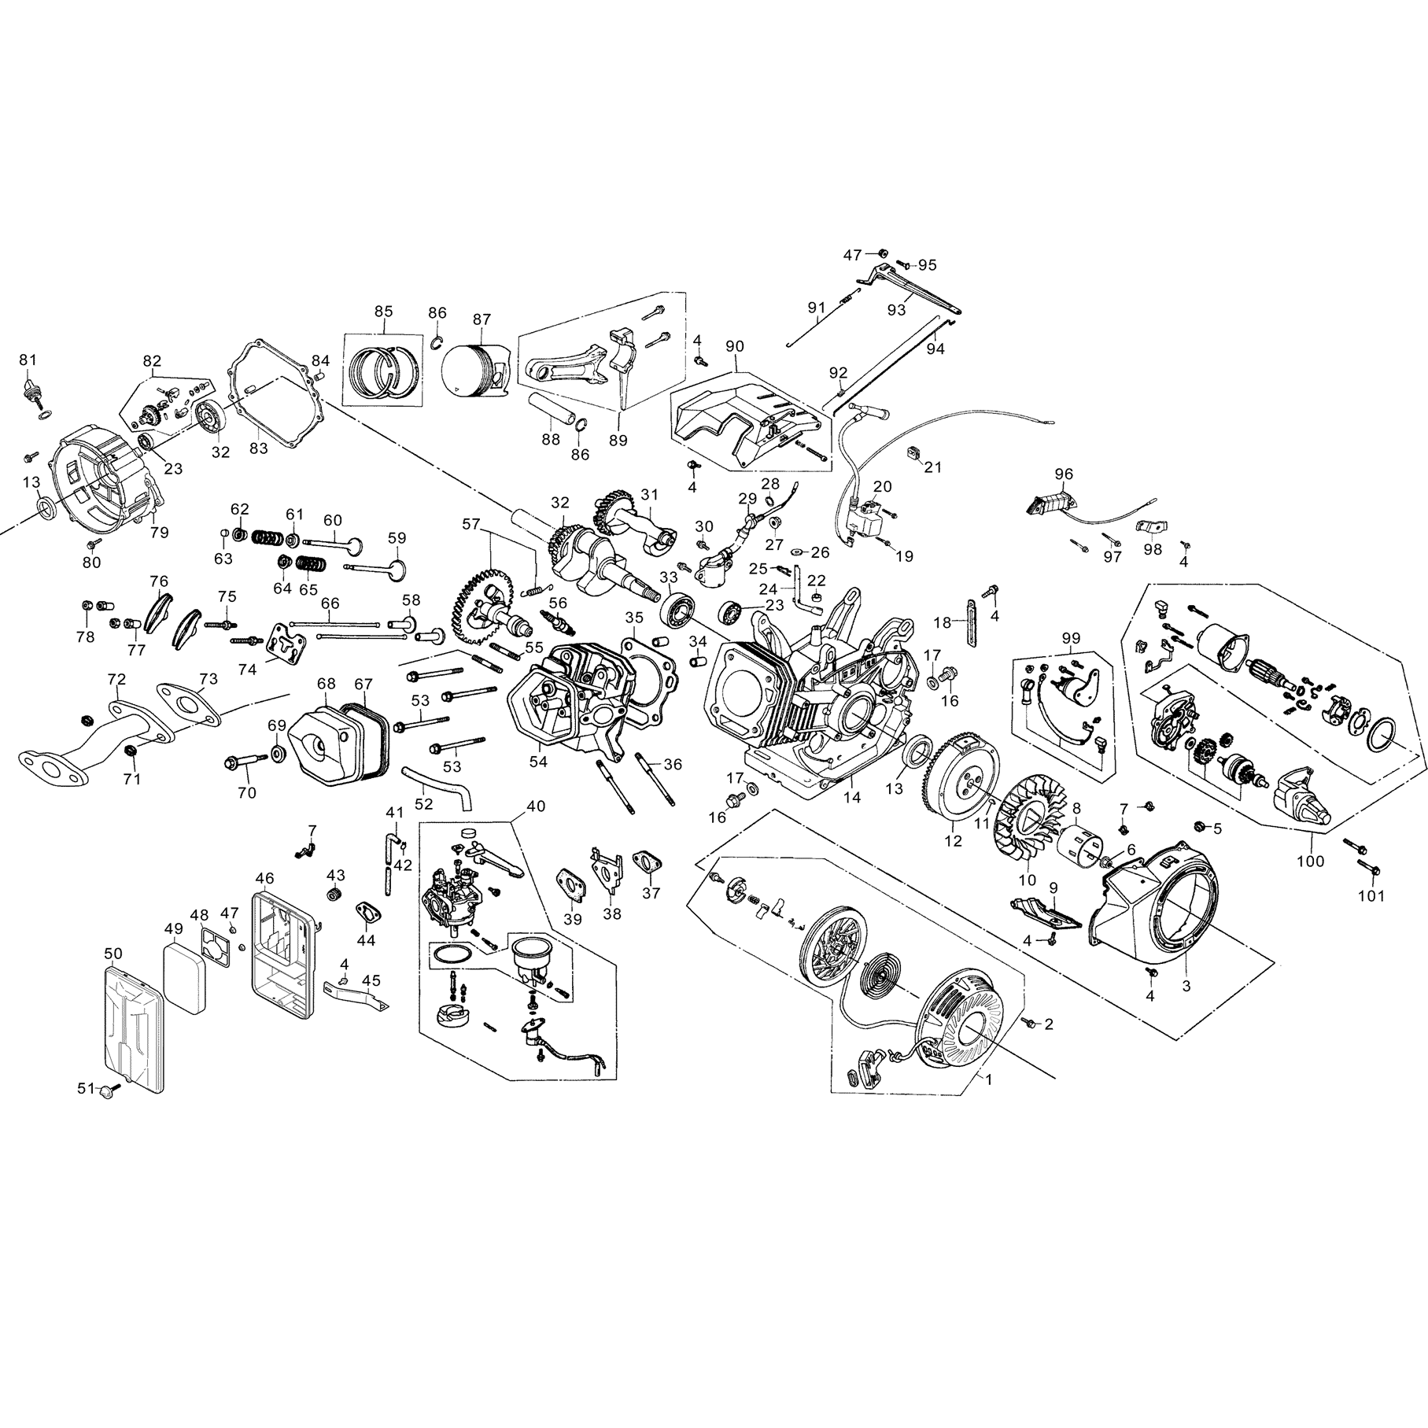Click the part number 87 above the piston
click(482, 319)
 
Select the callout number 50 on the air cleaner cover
click(113, 954)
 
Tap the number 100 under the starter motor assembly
click(1310, 862)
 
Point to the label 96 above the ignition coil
click(1064, 474)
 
